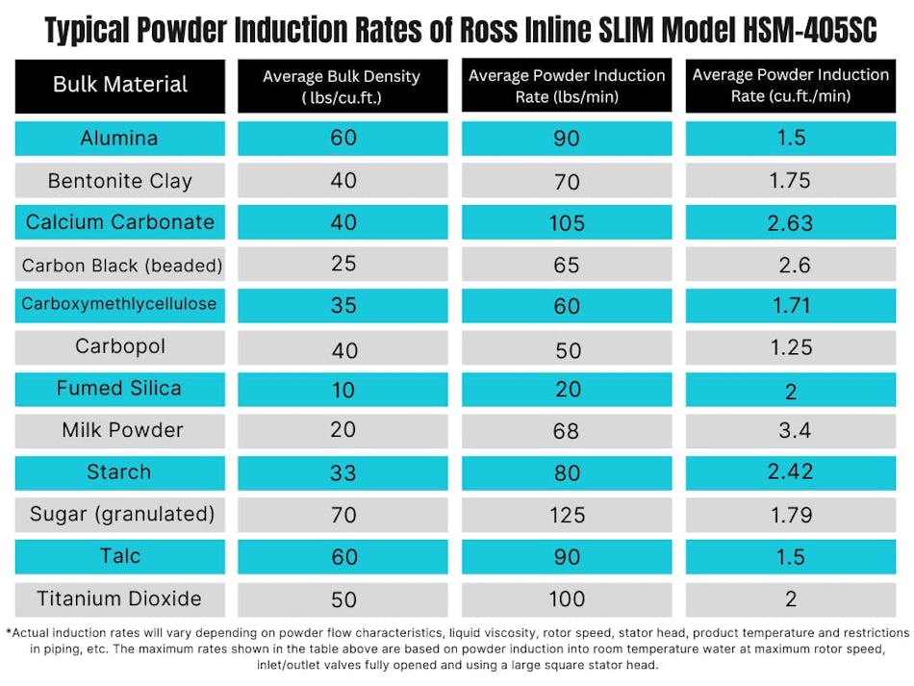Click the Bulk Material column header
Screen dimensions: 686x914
pyautogui.click(x=120, y=84)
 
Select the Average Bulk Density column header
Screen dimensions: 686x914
pyautogui.click(x=343, y=85)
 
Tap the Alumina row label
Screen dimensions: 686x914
pyautogui.click(x=119, y=139)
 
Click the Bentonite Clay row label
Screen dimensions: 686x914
pyautogui.click(x=120, y=181)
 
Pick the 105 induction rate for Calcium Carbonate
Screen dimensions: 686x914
pyautogui.click(x=567, y=223)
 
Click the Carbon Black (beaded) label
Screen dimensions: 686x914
pyautogui.click(x=121, y=265)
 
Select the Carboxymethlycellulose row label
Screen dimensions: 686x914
pyautogui.click(x=119, y=304)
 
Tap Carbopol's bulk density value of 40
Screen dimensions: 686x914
pyautogui.click(x=343, y=348)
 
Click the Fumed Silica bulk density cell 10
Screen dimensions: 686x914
pyautogui.click(x=343, y=389)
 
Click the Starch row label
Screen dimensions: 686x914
pyautogui.click(x=119, y=472)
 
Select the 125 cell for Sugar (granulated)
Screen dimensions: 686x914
pyautogui.click(x=567, y=516)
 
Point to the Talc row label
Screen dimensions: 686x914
pyautogui.click(x=119, y=556)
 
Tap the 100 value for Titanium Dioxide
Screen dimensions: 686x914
pyautogui.click(x=567, y=599)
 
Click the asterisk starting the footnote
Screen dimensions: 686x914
pyautogui.click(x=8, y=632)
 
